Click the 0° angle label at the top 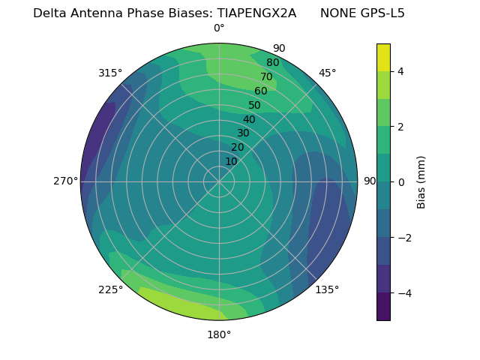[x=219, y=28]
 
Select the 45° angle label [x=327, y=73]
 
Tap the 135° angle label [x=327, y=289]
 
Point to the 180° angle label [x=219, y=334]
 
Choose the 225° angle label [x=110, y=289]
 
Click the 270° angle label [x=65, y=181]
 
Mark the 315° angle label [x=110, y=73]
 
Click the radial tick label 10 [x=231, y=161]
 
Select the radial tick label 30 [x=243, y=133]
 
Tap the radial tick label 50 [x=255, y=106]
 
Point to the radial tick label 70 [x=267, y=77]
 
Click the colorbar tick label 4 [x=400, y=71]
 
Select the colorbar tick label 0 [x=400, y=182]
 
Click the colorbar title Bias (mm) [x=421, y=182]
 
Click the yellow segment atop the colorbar [x=383, y=57]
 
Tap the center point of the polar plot [x=219, y=181]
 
